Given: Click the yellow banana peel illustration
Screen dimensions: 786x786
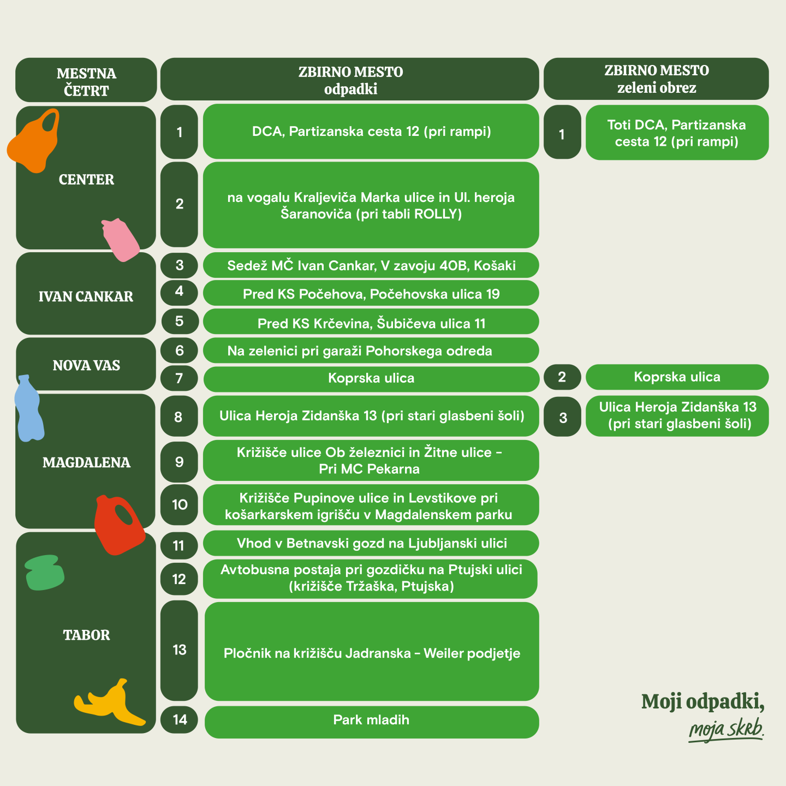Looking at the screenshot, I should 109,704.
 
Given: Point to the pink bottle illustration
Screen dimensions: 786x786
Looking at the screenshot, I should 120,240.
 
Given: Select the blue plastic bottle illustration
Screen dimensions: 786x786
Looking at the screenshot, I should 29,409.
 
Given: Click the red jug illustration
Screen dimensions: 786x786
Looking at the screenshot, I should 118,524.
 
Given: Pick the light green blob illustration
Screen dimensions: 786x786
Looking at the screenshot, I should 45,573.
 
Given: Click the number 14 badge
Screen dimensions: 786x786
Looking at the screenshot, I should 180,720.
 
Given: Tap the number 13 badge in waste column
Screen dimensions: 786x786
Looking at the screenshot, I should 180,650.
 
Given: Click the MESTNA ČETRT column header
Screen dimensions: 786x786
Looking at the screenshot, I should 86,81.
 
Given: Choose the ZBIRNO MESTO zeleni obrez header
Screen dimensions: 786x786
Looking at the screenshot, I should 656,79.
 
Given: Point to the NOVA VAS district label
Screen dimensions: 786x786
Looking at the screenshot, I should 86,365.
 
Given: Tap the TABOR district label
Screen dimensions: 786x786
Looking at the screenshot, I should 86,635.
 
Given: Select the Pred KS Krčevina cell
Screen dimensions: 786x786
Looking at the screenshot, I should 371,323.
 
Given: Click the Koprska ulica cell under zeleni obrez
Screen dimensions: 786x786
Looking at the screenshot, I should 677,377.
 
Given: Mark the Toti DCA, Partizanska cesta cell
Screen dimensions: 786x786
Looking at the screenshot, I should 677,133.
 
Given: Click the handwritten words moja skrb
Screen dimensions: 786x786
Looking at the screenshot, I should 726,729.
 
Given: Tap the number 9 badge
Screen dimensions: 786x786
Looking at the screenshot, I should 180,462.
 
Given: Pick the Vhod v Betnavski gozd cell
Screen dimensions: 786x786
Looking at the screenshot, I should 371,544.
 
